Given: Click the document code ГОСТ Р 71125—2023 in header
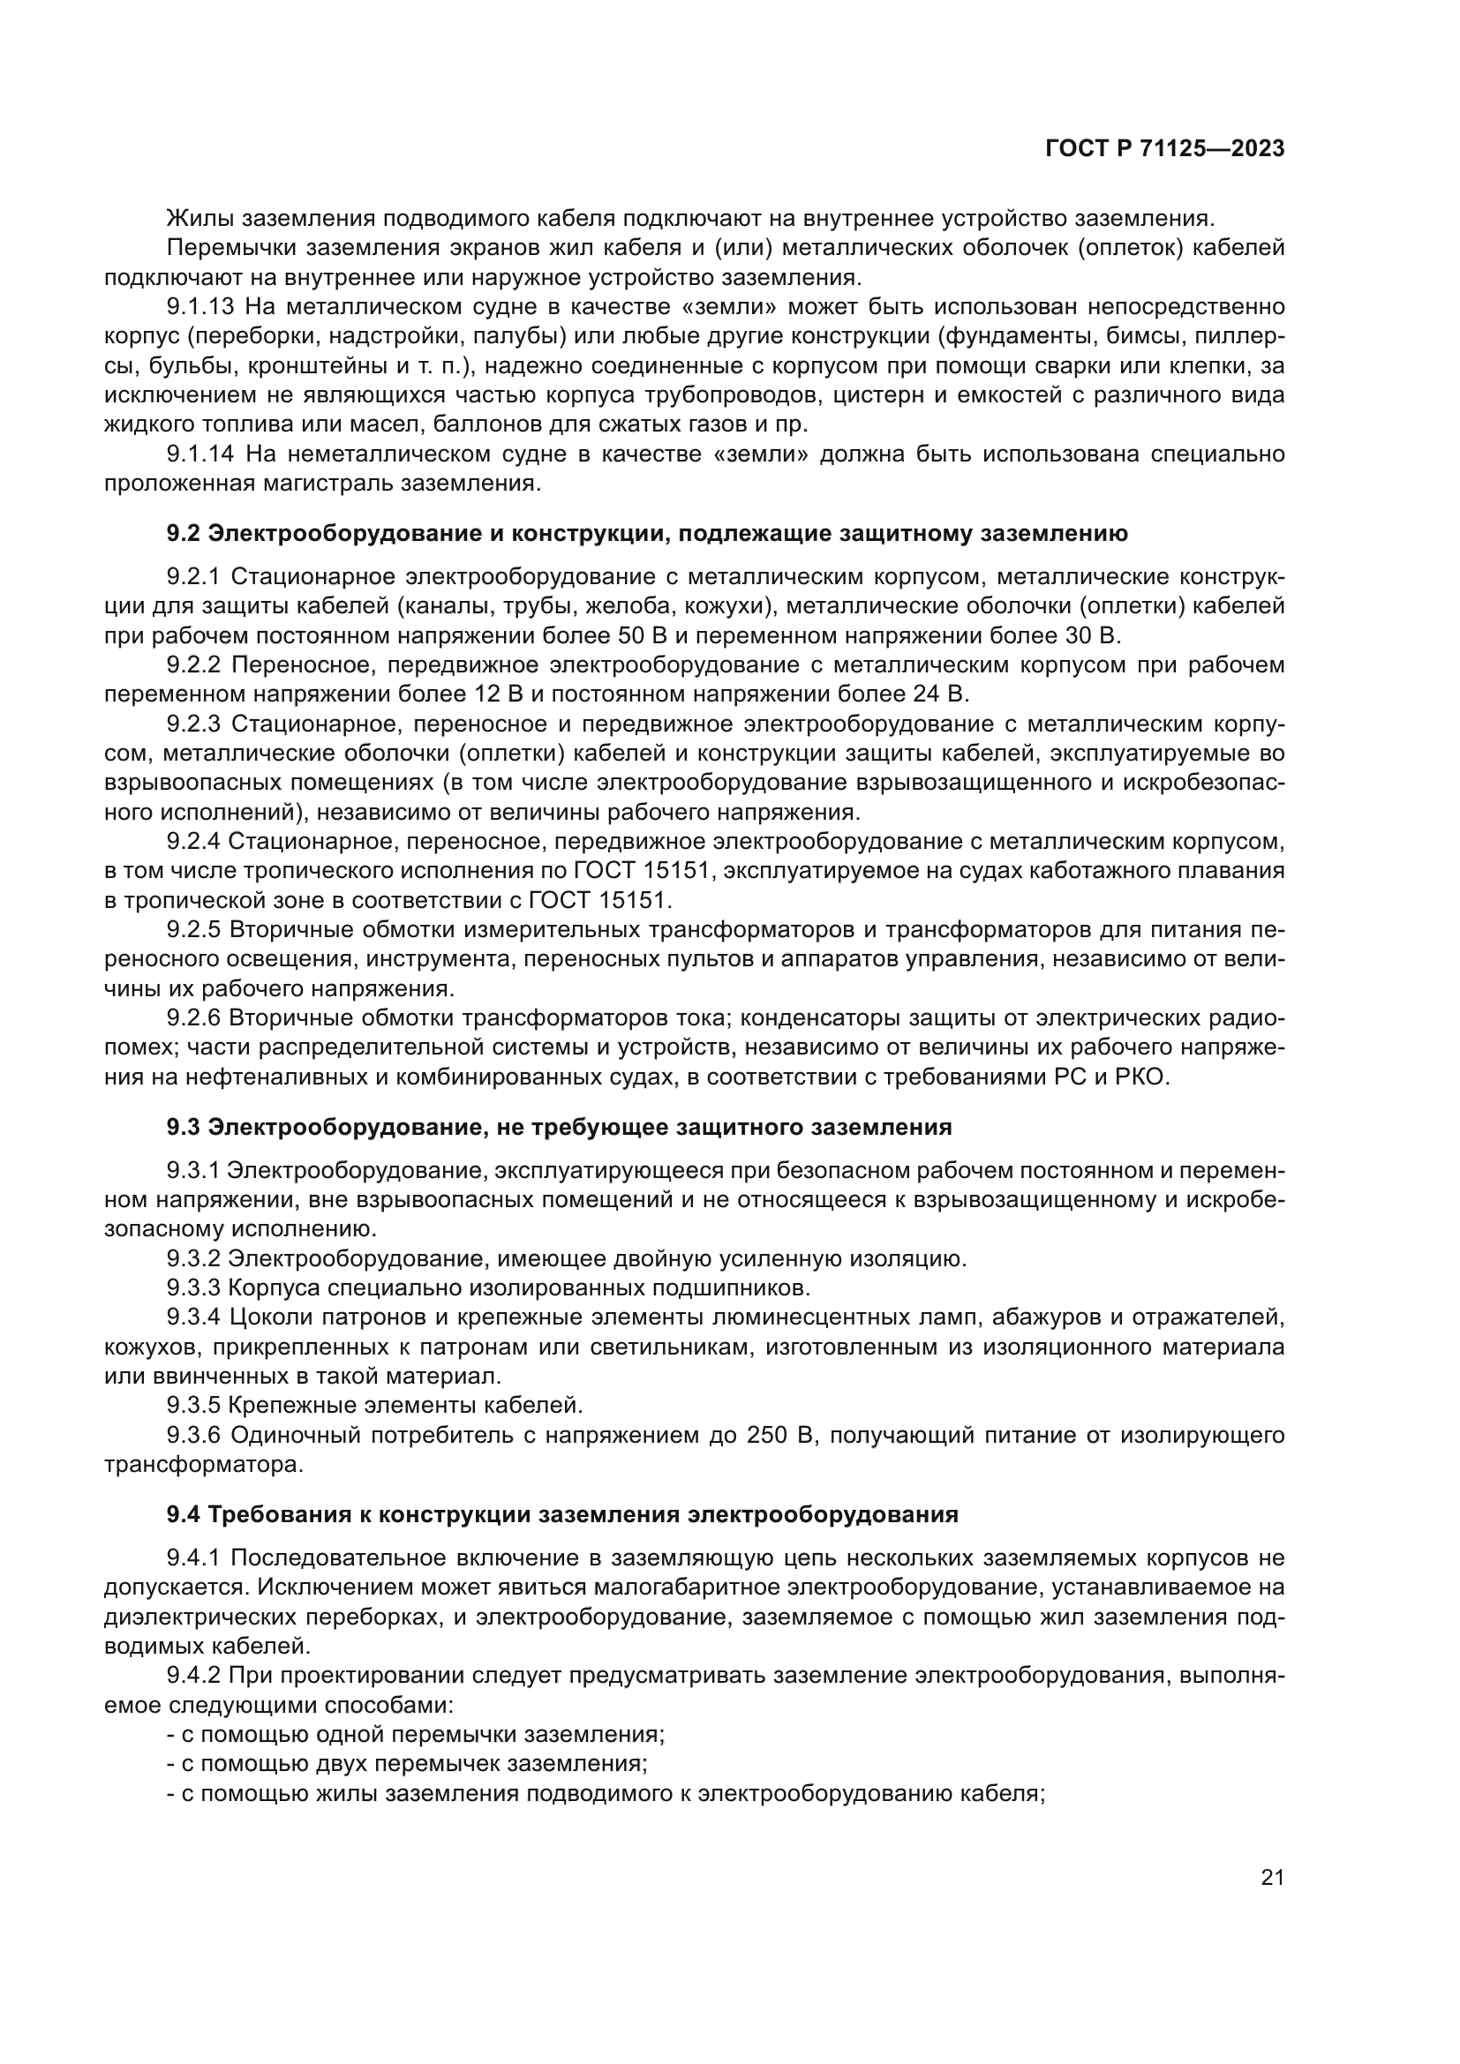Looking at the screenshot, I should tap(1165, 149).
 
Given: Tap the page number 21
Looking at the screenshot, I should tap(1272, 1877).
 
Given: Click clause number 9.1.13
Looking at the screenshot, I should tap(200, 307).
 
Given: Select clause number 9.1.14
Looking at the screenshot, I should tap(200, 454).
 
